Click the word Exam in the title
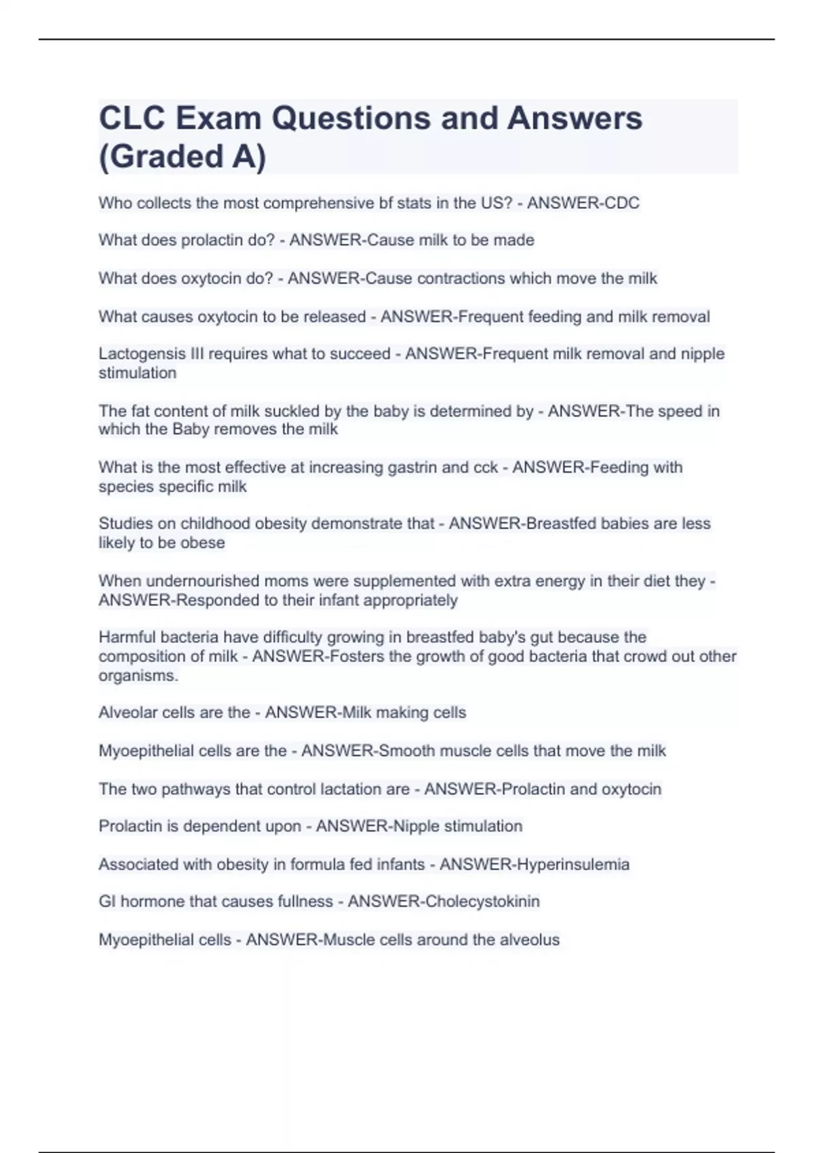pyautogui.click(x=218, y=118)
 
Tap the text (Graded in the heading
pyautogui.click(x=161, y=156)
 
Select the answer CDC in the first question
pyautogui.click(x=617, y=203)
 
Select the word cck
pyautogui.click(x=484, y=467)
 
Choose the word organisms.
pyautogui.click(x=138, y=676)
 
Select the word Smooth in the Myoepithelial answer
pyautogui.click(x=406, y=751)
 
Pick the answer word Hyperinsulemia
pyautogui.click(x=573, y=864)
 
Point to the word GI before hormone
pyautogui.click(x=107, y=901)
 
